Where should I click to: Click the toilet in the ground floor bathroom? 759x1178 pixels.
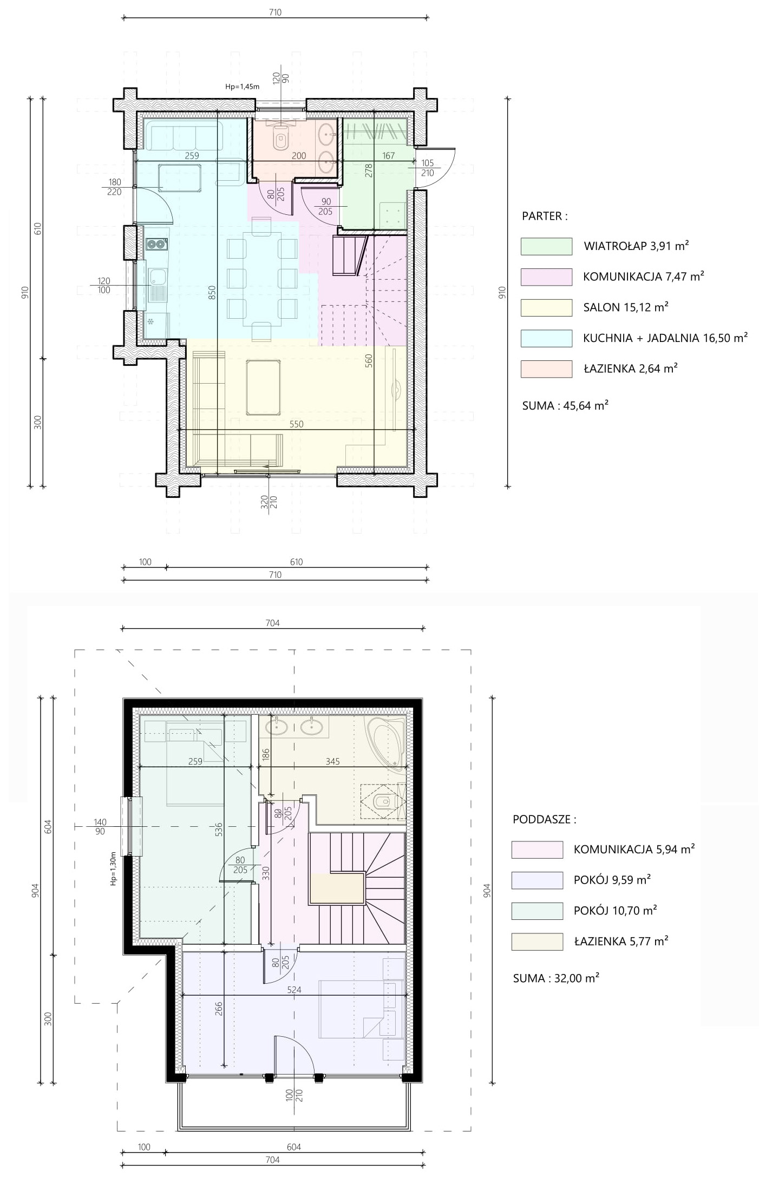tap(281, 139)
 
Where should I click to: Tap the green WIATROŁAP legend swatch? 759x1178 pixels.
tap(546, 246)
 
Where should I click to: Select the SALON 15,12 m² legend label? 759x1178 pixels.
tap(626, 307)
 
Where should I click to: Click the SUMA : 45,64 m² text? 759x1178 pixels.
tap(565, 405)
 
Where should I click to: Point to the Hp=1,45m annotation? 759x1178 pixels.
tap(242, 86)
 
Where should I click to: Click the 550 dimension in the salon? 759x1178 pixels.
tap(296, 424)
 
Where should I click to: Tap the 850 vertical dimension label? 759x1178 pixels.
tap(212, 293)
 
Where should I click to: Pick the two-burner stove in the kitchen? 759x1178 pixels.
tap(157, 245)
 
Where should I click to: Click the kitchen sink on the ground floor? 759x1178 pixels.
tap(156, 285)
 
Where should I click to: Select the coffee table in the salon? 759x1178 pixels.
tap(263, 386)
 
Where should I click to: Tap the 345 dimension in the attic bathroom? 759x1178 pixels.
tap(332, 761)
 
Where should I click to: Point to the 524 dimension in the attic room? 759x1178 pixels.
tap(295, 990)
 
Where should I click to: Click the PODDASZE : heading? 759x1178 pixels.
tap(544, 819)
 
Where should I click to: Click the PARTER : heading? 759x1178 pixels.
tap(545, 216)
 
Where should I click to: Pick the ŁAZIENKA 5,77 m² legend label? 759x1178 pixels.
tap(621, 941)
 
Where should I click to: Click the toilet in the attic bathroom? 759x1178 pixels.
tap(383, 801)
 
